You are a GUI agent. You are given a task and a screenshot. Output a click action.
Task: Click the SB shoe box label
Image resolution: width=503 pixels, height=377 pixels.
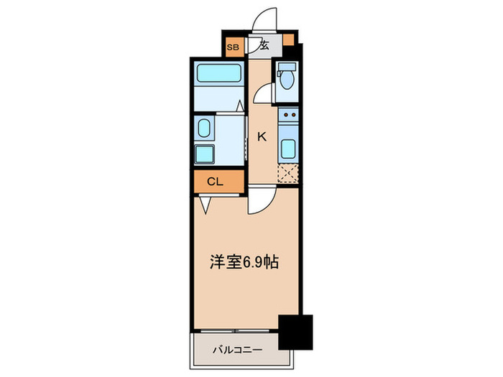tap(232, 47)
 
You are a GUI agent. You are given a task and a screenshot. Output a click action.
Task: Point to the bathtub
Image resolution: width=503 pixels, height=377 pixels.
tap(218, 75)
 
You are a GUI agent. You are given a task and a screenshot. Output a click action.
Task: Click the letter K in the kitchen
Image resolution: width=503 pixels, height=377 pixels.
tap(262, 137)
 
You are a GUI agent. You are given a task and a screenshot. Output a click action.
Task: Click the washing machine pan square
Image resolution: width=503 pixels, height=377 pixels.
tap(206, 154)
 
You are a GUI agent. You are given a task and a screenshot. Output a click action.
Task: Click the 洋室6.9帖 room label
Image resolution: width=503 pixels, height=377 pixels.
tap(244, 263)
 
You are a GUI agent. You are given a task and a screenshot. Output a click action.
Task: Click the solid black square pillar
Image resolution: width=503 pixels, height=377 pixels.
tap(296, 331)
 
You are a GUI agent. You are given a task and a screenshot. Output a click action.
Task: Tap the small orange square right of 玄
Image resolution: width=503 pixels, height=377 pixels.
tap(289, 40)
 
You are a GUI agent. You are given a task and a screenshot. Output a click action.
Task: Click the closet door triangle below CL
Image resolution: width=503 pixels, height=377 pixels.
tap(206, 204)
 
